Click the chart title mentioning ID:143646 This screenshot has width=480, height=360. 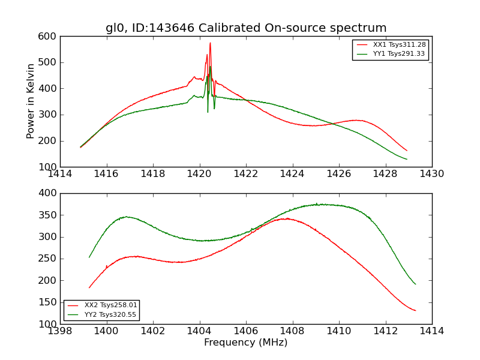(246, 28)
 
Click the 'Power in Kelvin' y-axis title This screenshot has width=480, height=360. (31, 101)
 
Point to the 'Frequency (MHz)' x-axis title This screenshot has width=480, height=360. (246, 343)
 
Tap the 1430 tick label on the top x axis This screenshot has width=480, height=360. (432, 174)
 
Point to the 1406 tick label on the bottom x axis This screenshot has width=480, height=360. (246, 331)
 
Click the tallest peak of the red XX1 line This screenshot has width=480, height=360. (210, 43)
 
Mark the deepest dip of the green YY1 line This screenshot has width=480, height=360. (208, 112)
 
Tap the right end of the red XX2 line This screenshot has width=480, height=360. (415, 310)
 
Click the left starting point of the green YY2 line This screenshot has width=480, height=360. (89, 257)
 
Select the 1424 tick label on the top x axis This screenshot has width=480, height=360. (292, 174)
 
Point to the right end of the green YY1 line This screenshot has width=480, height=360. (407, 159)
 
